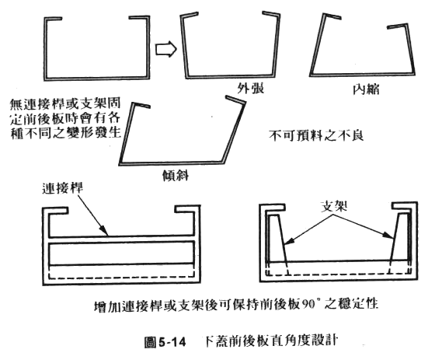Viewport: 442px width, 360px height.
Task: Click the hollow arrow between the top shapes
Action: point(166,49)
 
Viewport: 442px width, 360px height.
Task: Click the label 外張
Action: point(251,89)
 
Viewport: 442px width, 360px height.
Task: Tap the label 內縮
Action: point(366,89)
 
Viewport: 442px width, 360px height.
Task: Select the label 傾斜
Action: point(176,176)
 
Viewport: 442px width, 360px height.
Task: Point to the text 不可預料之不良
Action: point(316,135)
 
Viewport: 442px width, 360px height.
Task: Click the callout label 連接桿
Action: point(63,188)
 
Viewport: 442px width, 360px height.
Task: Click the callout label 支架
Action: point(334,206)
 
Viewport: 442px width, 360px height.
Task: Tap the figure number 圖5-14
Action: point(165,342)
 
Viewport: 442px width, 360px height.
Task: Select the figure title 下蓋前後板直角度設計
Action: point(270,341)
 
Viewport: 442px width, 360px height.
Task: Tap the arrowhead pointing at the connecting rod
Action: point(105,232)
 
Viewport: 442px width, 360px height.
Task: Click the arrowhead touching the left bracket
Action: point(289,242)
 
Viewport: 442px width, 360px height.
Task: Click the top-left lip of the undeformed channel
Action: point(54,19)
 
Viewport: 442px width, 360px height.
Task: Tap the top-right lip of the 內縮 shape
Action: point(397,26)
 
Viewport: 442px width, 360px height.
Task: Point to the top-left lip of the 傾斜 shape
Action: point(141,105)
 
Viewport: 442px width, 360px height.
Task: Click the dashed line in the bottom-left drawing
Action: point(122,278)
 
